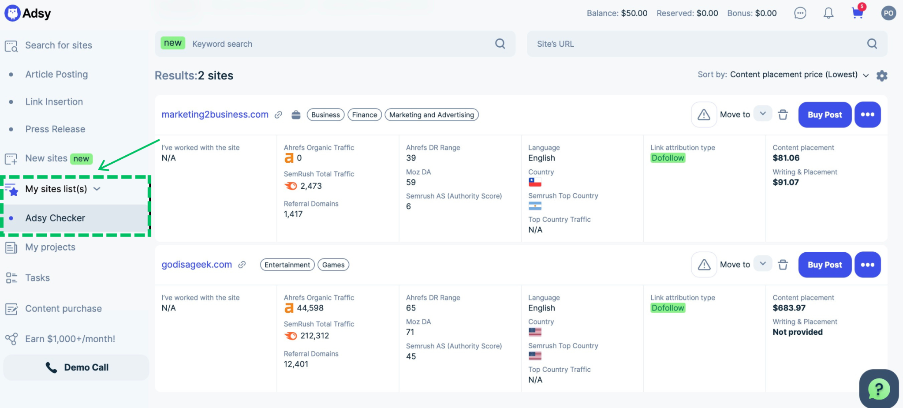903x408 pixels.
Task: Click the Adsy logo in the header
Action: [x=28, y=13]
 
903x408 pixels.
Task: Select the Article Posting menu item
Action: [x=56, y=75]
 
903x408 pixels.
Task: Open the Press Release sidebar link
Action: [x=55, y=129]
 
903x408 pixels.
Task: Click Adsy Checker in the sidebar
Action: [x=55, y=218]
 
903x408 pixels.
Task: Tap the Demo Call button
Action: [x=76, y=367]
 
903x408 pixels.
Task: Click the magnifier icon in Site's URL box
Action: [x=872, y=44]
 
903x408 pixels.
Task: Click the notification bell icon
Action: [x=828, y=13]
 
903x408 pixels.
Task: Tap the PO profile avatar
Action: [x=888, y=13]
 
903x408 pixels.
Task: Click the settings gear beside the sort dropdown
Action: [x=882, y=75]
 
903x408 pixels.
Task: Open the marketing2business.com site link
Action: [x=215, y=115]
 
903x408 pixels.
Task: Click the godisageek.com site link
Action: [x=197, y=265]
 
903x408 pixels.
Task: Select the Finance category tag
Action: [x=365, y=115]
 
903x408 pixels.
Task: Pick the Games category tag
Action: [x=333, y=265]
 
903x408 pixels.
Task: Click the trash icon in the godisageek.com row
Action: [x=783, y=265]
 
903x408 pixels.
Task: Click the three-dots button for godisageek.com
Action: [x=868, y=265]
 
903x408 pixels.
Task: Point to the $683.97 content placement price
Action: [x=789, y=308]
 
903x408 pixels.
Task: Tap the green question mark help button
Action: [x=879, y=389]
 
